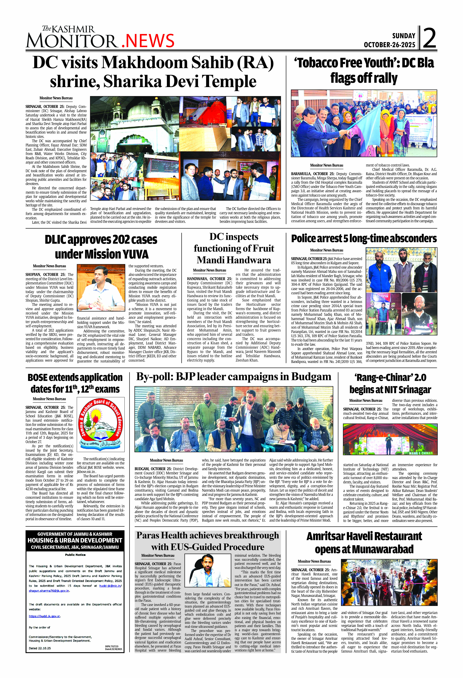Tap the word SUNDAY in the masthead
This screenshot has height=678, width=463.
403,36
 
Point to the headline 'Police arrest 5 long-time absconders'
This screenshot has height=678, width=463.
364,239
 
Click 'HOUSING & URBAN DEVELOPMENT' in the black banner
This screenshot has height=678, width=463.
75,540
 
